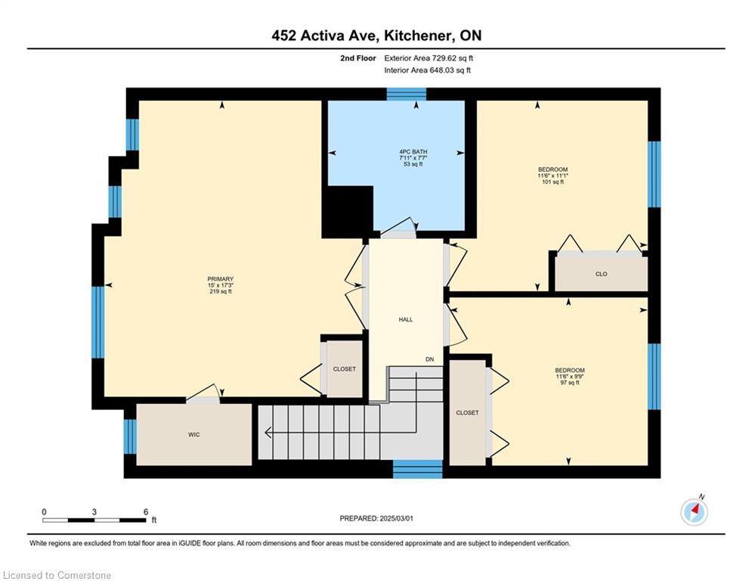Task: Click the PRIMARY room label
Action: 220,279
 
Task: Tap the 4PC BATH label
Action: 413,152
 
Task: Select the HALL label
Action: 406,319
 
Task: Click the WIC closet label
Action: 193,434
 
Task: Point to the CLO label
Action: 601,274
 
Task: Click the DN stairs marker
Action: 429,359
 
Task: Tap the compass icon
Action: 694,512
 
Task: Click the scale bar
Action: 94,520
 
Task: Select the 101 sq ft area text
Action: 552,182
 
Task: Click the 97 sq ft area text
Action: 570,383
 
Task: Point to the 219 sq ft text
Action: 221,291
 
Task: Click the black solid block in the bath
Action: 348,211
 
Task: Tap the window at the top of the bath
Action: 406,94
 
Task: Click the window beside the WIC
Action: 130,437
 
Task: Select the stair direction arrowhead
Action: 268,433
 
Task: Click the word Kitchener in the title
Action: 418,36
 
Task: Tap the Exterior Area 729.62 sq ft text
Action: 429,58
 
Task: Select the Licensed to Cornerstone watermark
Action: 57,575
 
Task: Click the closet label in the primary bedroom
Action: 345,368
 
